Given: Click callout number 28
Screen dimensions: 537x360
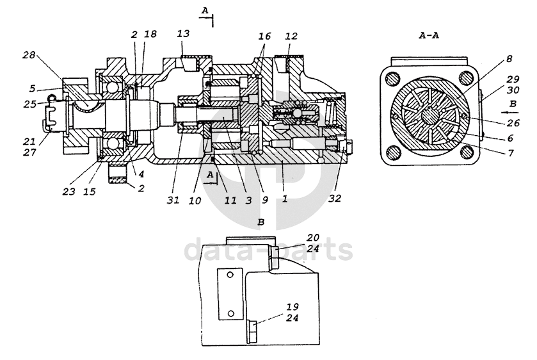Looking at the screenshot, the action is [x=29, y=55].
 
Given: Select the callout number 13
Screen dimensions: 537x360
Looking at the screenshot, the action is [x=183, y=33].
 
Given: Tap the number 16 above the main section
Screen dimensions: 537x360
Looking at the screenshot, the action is [x=264, y=36].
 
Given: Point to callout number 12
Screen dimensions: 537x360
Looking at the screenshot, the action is [x=291, y=36].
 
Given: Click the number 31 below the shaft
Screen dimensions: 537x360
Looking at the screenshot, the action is [x=173, y=200].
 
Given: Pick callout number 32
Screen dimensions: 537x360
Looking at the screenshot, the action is [x=335, y=199].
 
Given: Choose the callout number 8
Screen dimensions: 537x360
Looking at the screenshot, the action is [x=509, y=59].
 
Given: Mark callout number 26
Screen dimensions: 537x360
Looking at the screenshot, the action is [x=513, y=123].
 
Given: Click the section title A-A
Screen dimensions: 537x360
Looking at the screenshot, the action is [x=429, y=35].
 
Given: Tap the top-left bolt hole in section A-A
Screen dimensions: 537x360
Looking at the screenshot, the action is [x=393, y=79].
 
